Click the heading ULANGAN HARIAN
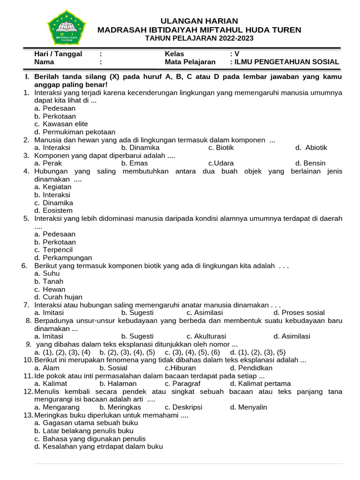pos(199,21)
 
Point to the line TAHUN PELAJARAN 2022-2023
pos(199,38)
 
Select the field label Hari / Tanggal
pos(58,54)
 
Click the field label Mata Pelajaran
pos(190,62)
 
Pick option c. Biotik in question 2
pos(221,148)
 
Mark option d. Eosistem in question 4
pos(53,211)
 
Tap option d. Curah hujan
pos(58,297)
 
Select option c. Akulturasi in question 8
pos(206,336)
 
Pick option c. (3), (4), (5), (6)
pos(192,352)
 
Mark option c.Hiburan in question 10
pos(180,368)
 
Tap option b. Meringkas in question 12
pos(120,407)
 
